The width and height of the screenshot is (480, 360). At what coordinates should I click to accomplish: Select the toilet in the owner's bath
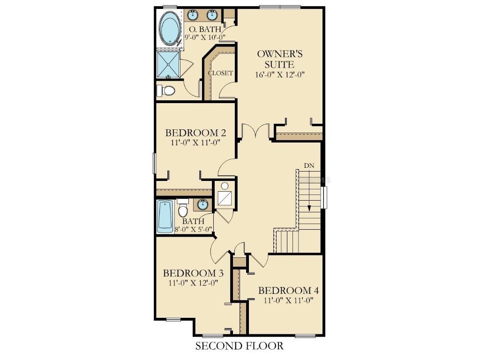click(165, 90)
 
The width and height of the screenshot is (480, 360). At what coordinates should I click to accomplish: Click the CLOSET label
click(220, 73)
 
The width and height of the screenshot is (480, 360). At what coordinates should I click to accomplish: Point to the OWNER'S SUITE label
click(280, 59)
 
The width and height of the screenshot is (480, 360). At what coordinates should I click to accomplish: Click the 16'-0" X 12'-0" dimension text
click(280, 75)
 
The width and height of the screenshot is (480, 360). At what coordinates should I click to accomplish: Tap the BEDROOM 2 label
click(195, 133)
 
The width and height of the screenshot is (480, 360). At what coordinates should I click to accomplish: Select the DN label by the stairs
click(309, 165)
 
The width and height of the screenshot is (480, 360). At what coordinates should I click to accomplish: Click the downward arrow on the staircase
click(309, 191)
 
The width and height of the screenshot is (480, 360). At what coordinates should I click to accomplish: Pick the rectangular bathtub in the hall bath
click(165, 217)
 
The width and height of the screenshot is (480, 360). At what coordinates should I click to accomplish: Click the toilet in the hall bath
click(183, 207)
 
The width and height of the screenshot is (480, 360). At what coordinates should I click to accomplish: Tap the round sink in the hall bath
click(202, 204)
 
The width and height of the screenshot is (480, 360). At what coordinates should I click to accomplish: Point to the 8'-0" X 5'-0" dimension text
click(194, 229)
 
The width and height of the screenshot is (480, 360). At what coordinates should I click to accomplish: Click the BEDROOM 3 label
click(193, 273)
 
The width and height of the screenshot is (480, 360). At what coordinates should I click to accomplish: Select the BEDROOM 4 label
click(289, 291)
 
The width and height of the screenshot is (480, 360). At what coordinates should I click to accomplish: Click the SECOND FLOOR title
click(240, 346)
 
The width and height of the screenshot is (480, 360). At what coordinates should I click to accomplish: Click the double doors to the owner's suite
click(256, 131)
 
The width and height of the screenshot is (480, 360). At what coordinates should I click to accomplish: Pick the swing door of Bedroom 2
click(226, 168)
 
